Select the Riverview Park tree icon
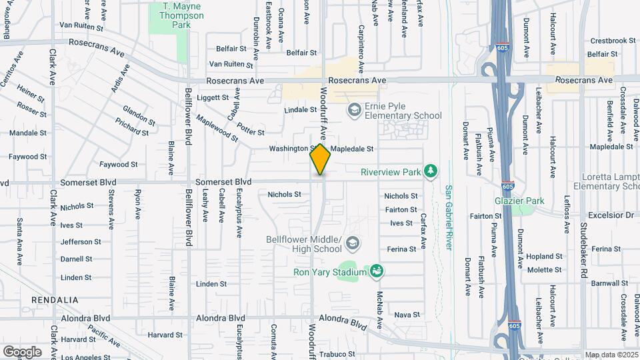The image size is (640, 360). pos(431,172)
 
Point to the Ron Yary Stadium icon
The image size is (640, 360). pos(377,271)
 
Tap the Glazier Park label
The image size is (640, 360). pos(519,201)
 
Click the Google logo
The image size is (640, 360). pos(22,351)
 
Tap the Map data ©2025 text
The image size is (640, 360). pos(611,355)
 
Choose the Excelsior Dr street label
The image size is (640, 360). pos(610,215)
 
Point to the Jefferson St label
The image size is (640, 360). pos(81,242)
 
